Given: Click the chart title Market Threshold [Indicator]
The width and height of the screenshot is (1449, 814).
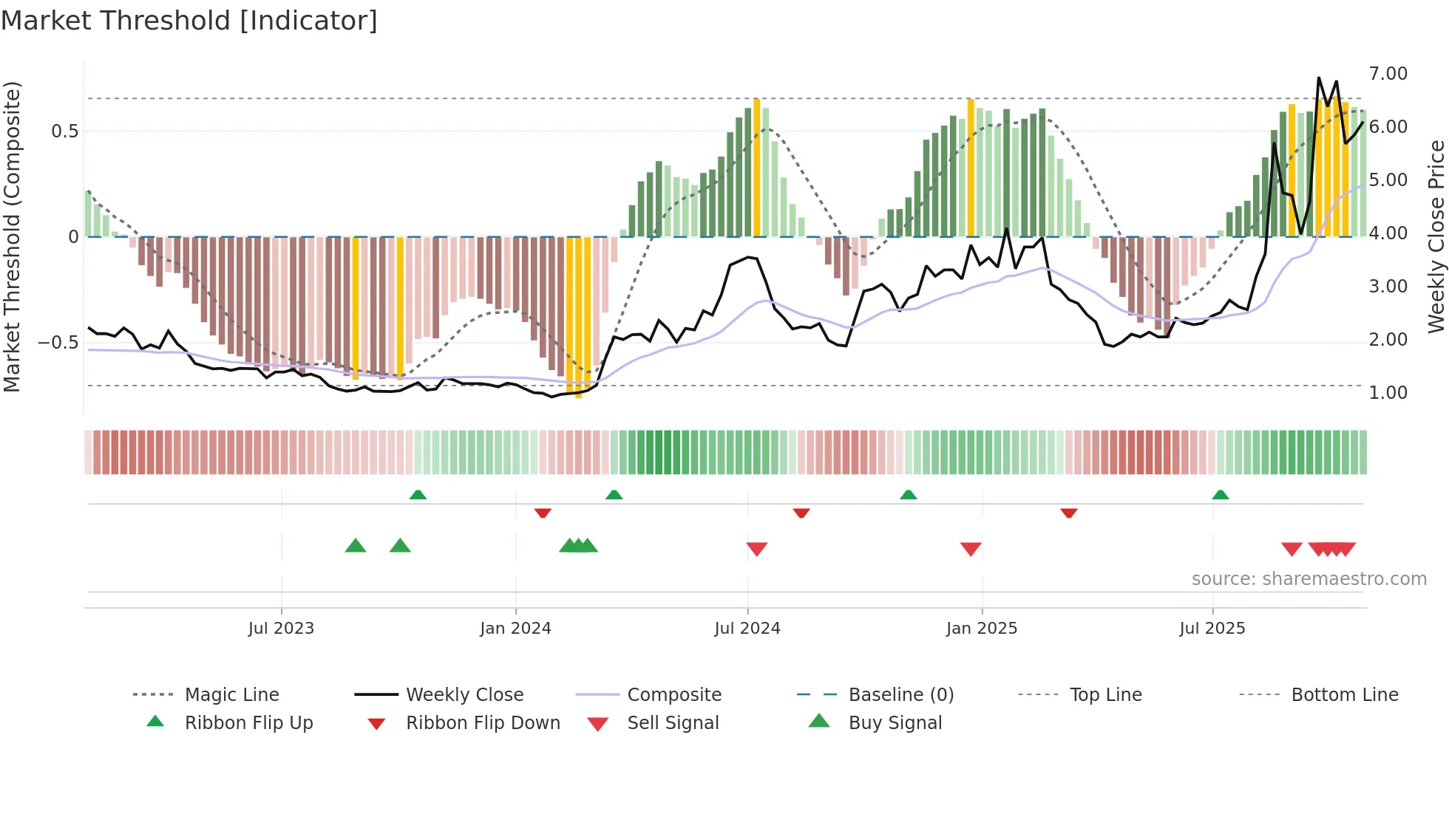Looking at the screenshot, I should point(189,21).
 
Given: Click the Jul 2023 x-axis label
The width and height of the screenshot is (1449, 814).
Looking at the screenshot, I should point(281,629).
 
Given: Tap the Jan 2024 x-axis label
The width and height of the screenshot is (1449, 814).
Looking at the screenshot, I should point(515,629).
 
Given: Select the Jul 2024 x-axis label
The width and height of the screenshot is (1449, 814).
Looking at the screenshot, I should point(747,629).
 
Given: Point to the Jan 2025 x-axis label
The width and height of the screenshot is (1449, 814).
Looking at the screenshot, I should point(982,629).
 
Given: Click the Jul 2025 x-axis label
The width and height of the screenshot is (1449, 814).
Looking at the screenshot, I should point(1212,629).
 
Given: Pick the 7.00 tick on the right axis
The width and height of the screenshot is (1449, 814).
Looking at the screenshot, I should point(1388,74).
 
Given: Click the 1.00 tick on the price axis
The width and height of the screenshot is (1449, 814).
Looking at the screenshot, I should point(1388,393).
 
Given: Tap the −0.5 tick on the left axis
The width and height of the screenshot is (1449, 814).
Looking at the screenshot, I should point(58,343).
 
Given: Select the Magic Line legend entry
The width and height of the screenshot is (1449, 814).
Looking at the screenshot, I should point(231,695).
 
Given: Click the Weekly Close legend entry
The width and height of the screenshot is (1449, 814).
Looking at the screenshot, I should point(464,695).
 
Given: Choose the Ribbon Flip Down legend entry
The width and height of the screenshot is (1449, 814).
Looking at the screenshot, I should point(483,723).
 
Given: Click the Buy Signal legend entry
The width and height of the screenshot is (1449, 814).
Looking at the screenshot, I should point(895,723).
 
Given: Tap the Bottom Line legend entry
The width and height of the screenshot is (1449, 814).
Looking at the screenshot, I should point(1344,695).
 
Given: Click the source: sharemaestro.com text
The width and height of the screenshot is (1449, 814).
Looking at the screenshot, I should point(1309,579).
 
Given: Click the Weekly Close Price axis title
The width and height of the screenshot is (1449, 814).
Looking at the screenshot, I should point(1436,236).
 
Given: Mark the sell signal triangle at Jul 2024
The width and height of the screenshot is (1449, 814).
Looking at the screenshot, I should point(757,549).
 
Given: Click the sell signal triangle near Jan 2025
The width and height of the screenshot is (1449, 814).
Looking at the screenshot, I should point(971,549).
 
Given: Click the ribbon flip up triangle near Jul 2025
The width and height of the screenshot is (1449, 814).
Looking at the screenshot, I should point(1221,495).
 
